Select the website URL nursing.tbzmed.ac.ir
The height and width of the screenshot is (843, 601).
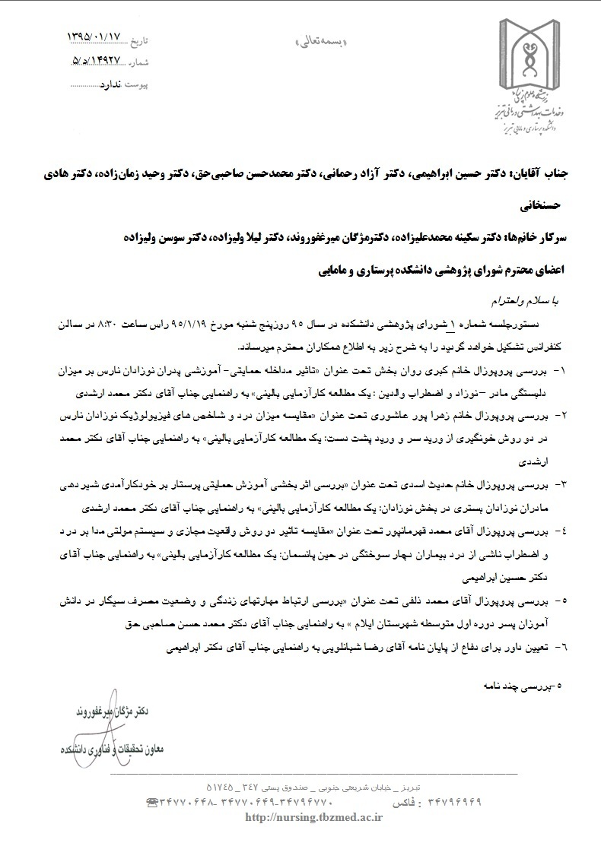[x=315, y=817]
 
